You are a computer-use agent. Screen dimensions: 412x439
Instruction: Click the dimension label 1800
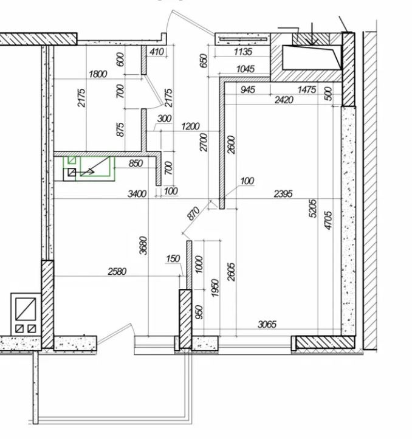98,74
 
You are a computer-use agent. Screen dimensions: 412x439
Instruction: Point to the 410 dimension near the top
157,52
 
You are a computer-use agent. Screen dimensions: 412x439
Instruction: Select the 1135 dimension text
243,52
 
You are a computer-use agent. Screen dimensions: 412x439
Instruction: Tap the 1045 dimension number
245,69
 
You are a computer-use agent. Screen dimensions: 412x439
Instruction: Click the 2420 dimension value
284,100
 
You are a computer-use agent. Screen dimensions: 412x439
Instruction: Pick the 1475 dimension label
307,90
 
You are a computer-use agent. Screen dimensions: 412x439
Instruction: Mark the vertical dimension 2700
204,142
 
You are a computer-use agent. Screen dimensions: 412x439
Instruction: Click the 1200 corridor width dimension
190,126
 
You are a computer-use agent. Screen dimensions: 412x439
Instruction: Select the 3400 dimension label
137,194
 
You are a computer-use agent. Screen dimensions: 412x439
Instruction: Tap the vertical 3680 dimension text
143,246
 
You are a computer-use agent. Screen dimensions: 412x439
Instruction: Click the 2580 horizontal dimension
117,271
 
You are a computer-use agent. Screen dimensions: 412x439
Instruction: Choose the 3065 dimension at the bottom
267,325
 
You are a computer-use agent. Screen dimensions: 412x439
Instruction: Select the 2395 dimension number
283,194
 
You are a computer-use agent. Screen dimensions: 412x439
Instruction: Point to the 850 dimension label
136,163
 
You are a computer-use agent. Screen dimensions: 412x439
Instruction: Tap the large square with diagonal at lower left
26,309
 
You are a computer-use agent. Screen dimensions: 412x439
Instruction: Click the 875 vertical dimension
120,130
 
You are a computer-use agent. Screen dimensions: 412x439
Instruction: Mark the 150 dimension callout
173,258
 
